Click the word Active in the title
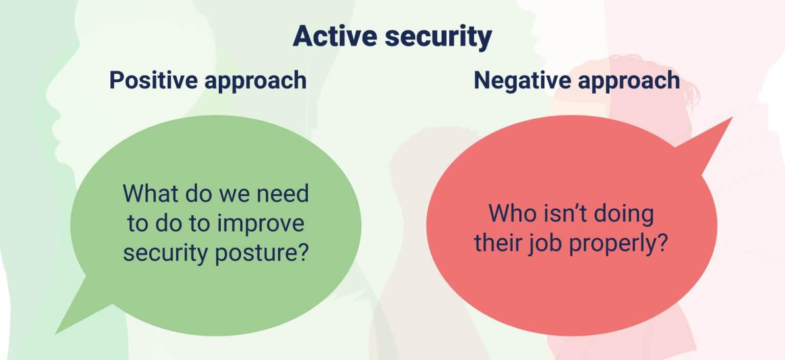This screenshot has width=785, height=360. [335, 36]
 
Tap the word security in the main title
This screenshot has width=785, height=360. [438, 38]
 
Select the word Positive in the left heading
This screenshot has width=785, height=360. [153, 80]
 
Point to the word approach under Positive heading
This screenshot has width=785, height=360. [256, 81]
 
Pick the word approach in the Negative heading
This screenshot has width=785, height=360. [629, 81]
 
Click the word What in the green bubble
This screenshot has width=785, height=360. [150, 193]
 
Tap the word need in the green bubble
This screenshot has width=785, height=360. [283, 193]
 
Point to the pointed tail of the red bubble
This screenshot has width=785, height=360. [732, 118]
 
